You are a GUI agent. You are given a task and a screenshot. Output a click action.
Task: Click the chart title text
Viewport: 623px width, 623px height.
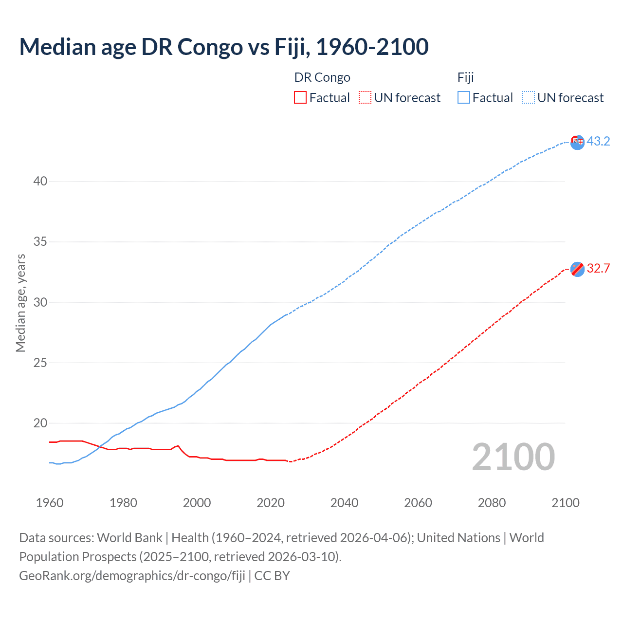pos(224,47)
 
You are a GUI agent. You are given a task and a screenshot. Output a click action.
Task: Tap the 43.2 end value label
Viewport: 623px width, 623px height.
pos(598,141)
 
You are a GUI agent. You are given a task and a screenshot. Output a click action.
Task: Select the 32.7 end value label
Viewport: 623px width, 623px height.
pos(598,268)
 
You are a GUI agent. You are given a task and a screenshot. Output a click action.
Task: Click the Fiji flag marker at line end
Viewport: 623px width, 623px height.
pos(577,142)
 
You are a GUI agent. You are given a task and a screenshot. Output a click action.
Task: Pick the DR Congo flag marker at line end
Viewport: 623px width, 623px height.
pos(577,269)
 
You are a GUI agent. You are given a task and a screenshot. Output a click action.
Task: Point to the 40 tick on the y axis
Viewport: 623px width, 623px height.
pos(40,182)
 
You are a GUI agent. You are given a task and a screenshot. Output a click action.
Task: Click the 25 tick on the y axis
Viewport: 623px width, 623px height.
pos(40,363)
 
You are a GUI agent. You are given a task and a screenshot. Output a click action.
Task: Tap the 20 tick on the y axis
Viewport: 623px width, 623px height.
pos(40,423)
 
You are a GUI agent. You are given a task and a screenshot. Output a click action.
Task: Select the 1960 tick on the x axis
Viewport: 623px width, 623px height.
pos(50,503)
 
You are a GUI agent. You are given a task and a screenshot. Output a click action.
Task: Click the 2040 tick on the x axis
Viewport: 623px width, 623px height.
pos(344,503)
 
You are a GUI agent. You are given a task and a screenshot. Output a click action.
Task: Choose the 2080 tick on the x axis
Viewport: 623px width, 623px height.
pos(492,503)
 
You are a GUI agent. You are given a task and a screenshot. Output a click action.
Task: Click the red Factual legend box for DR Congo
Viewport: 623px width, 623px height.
pos(300,98)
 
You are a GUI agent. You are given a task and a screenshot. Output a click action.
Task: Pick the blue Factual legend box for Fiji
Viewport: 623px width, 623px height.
pos(463,98)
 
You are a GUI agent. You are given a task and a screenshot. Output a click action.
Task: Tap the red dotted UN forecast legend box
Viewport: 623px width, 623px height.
pos(365,98)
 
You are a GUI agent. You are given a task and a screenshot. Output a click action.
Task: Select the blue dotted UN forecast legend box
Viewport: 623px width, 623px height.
pos(528,98)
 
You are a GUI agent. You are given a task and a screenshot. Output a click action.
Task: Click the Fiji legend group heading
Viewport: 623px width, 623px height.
pos(466,77)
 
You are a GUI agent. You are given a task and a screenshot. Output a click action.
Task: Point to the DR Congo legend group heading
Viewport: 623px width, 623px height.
pos(322,77)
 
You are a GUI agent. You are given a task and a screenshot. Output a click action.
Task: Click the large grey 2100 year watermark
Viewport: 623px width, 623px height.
pos(513,457)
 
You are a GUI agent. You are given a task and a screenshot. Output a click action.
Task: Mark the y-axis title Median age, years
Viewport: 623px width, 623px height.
pos(20,303)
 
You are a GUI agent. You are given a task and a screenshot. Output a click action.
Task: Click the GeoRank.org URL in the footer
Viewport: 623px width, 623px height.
pos(132,576)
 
